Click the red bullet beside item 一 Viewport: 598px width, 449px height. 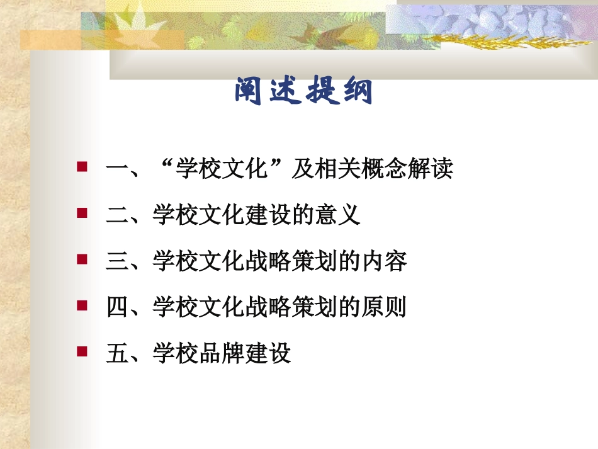click(x=81, y=167)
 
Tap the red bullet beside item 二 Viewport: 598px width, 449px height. click(x=81, y=213)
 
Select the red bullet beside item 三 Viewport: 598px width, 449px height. click(x=81, y=259)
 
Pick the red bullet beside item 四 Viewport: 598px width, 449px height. click(x=81, y=305)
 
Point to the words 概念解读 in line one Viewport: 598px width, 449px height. click(x=407, y=169)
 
